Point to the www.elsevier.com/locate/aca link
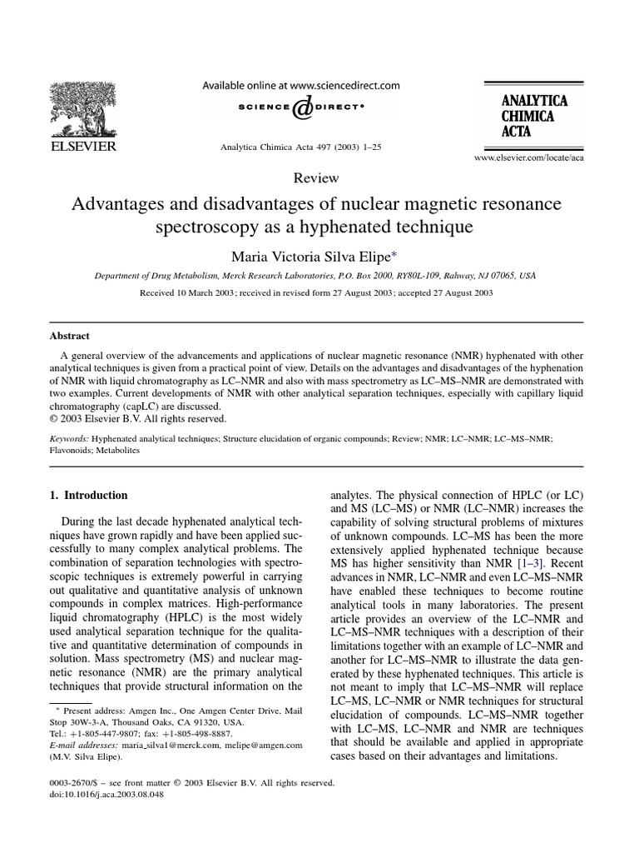coord(529,157)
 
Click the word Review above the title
coord(316,177)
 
